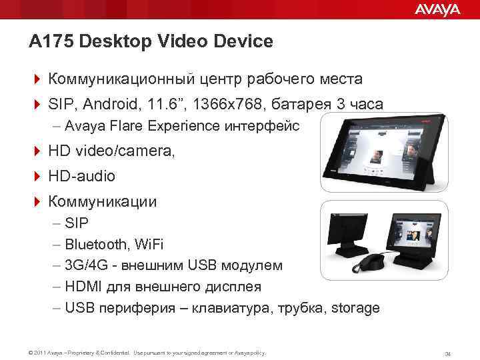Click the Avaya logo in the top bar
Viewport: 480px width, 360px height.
(437, 9)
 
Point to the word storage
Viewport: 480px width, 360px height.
(355, 308)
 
